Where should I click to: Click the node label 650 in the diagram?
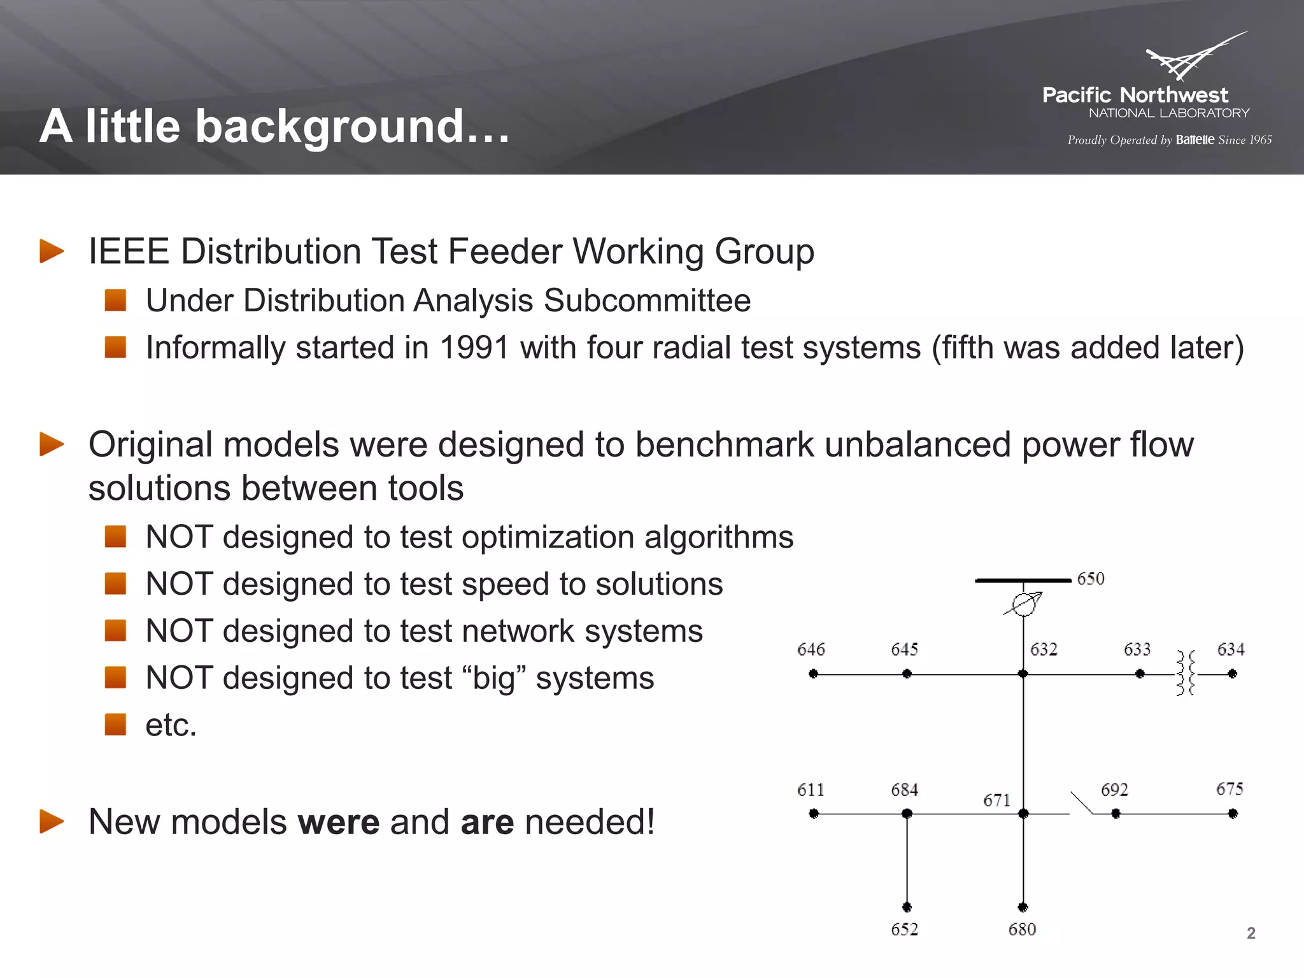coord(1090,579)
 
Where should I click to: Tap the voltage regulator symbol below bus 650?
coord(1024,604)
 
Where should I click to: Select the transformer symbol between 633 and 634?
coord(1186,673)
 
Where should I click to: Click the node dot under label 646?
coord(813,674)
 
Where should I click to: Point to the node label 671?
coord(996,800)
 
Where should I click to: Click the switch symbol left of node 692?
coord(1081,804)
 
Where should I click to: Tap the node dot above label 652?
coord(907,907)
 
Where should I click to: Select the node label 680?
coord(1022,930)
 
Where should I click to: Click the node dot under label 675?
coord(1233,814)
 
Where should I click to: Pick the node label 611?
coord(811,790)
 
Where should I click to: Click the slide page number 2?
coord(1251,933)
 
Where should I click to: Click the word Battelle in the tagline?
coord(1195,140)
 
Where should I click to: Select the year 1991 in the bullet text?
coord(474,348)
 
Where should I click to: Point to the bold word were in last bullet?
coord(338,822)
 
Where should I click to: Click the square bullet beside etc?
coord(115,725)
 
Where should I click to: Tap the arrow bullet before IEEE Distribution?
coord(52,251)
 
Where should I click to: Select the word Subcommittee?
coord(647,301)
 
